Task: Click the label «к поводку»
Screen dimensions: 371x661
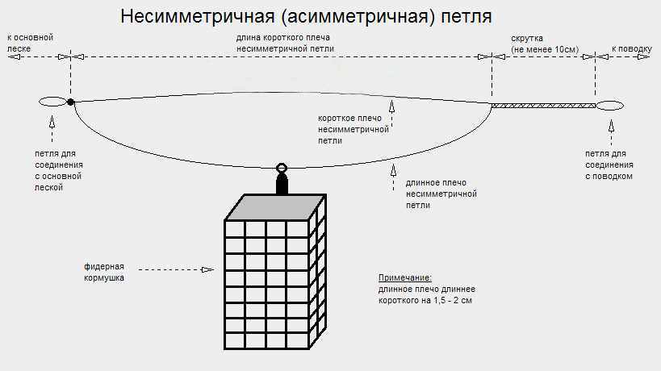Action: coord(631,48)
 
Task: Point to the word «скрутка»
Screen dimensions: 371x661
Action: coord(526,38)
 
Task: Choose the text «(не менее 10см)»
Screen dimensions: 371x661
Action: coord(546,49)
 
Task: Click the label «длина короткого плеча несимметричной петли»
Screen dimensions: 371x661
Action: coord(284,43)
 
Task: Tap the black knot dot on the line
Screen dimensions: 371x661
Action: coord(70,102)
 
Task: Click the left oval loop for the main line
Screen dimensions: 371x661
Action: coord(52,102)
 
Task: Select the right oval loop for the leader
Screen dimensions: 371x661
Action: coord(609,105)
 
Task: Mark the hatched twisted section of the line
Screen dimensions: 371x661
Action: coord(543,105)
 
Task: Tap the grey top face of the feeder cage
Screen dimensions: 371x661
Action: coord(274,207)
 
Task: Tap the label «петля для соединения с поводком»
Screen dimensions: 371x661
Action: coord(609,165)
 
